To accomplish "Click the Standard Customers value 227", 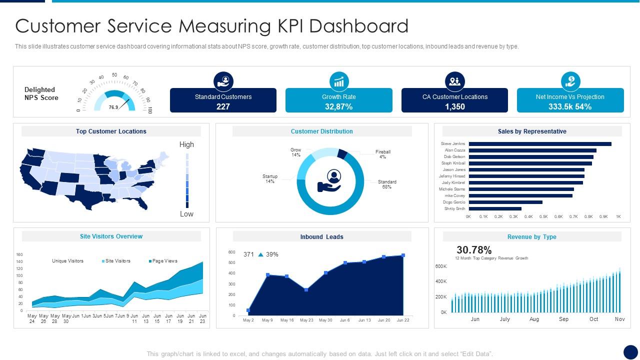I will pyautogui.click(x=223, y=106).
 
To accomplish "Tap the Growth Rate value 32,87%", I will pyautogui.click(x=338, y=106).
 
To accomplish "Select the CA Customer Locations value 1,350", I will pyautogui.click(x=454, y=106).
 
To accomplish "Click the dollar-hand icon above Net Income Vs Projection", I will pyautogui.click(x=570, y=80).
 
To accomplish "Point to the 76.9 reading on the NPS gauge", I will pyautogui.click(x=113, y=107).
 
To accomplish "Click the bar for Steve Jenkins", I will pyautogui.click(x=540, y=144).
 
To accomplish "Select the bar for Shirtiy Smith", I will pyautogui.click(x=495, y=208).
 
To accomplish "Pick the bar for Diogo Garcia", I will pyautogui.click(x=505, y=202).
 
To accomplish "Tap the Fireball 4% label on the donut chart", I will pyautogui.click(x=382, y=154).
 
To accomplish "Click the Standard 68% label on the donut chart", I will pyautogui.click(x=386, y=184).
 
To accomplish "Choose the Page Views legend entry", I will pyautogui.click(x=163, y=261).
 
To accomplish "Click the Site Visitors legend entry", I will pyautogui.click(x=117, y=261).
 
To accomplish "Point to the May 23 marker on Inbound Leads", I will pyautogui.click(x=306, y=289).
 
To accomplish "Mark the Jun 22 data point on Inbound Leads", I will pyautogui.click(x=403, y=255).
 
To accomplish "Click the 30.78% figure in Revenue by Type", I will pyautogui.click(x=474, y=250).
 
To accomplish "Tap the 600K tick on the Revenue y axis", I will pyautogui.click(x=440, y=266).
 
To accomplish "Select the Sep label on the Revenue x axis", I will pyautogui.click(x=563, y=319).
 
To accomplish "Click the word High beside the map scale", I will pyautogui.click(x=186, y=144).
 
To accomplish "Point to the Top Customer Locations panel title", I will pyautogui.click(x=111, y=131).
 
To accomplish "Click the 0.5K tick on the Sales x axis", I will pyautogui.click(x=543, y=216).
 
